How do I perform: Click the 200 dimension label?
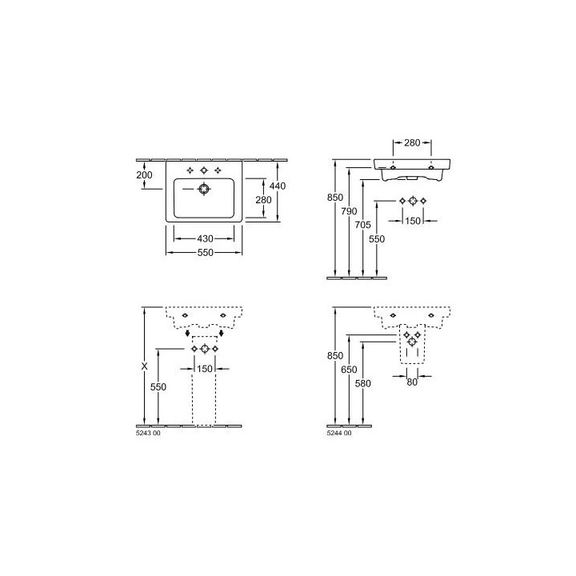click(x=144, y=175)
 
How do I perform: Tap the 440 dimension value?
click(x=278, y=186)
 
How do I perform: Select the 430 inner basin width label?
click(x=205, y=238)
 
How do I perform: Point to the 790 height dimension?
click(x=349, y=211)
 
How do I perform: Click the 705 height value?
click(x=363, y=225)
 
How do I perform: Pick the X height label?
click(x=144, y=366)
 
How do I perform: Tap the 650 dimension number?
click(x=349, y=369)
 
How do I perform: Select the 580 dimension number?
click(x=363, y=383)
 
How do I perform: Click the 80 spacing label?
click(x=412, y=382)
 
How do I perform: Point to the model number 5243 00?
click(x=149, y=433)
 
